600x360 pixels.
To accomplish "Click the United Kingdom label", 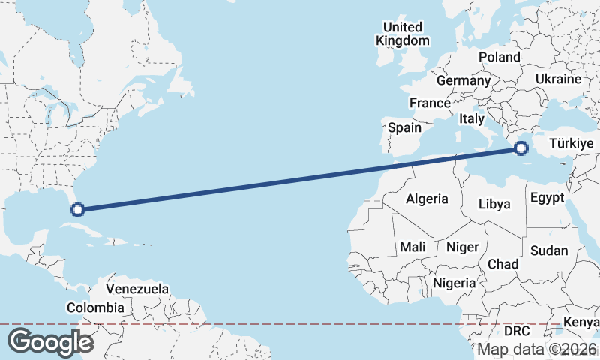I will click(x=403, y=34).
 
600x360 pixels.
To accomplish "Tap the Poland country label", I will click(x=499, y=57).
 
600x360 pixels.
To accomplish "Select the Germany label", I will click(x=463, y=80).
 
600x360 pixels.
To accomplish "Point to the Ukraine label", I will click(x=559, y=79).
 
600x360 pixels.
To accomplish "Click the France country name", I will click(x=430, y=103).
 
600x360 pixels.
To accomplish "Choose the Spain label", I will click(x=404, y=127).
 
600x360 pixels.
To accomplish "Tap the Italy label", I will click(x=472, y=118).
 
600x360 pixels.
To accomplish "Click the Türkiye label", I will click(x=571, y=142).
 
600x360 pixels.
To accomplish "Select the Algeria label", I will click(x=427, y=199).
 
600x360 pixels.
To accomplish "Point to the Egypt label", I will click(x=546, y=199).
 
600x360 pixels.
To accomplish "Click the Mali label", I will click(x=412, y=247).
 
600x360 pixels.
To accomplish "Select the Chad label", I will click(x=502, y=264).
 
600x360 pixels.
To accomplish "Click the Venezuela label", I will click(x=137, y=289).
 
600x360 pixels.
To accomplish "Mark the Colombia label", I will click(x=95, y=307).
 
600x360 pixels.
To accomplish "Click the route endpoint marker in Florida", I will click(x=78, y=209).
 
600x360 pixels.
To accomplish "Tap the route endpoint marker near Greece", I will click(x=522, y=149).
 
